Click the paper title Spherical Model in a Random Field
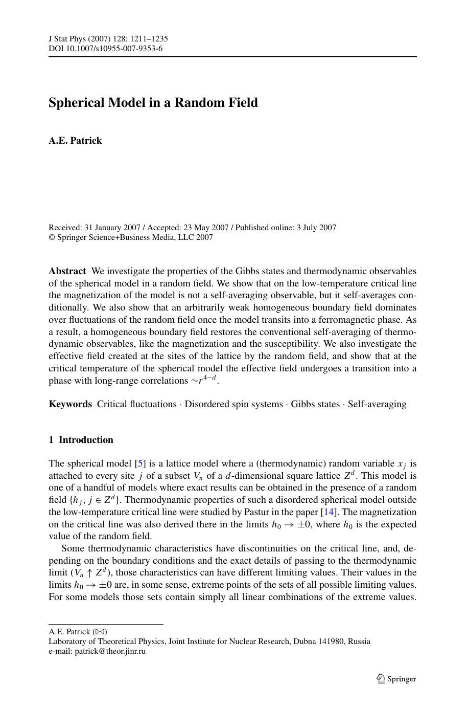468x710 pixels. point(153,103)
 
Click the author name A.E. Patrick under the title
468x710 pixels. point(75,141)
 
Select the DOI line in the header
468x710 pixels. point(106,49)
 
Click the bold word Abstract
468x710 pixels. point(67,271)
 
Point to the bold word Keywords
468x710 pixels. point(71,404)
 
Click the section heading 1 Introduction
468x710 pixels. point(81,440)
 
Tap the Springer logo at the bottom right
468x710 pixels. point(396,679)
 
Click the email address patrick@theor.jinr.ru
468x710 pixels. point(110,651)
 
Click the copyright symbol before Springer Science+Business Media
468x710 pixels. point(52,237)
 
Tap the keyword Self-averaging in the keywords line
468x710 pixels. point(377,404)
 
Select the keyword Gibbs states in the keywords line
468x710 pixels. point(315,404)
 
